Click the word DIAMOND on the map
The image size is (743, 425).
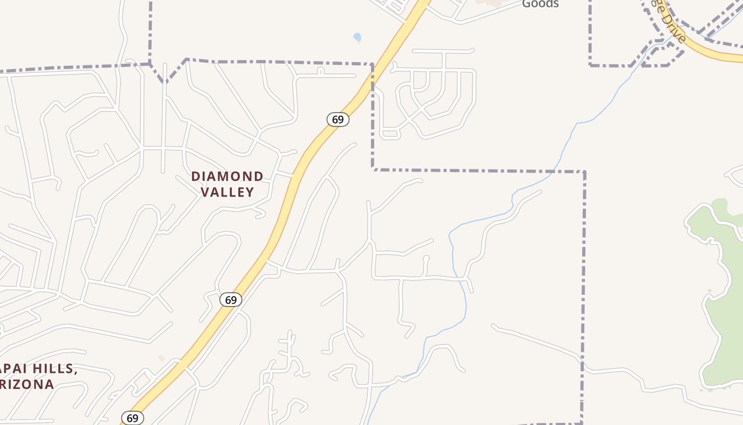[227, 176]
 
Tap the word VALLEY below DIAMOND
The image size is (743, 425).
[227, 192]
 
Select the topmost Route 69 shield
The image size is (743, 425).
[338, 120]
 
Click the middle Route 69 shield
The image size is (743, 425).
[231, 300]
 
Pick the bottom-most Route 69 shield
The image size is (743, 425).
[133, 418]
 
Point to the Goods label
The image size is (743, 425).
[540, 4]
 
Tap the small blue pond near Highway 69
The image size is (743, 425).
[357, 37]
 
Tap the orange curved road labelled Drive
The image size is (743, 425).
[706, 50]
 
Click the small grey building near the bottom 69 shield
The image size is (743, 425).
[161, 358]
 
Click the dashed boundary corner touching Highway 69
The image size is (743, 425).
[373, 65]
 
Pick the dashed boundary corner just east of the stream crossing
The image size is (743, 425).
[584, 172]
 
